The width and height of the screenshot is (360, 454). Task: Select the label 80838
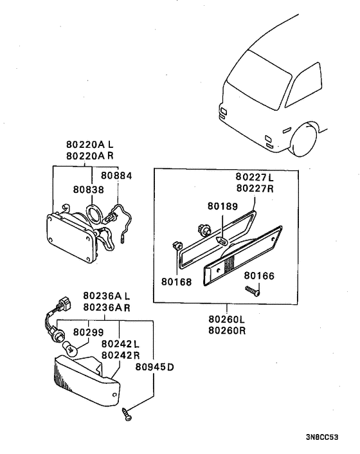tap(87, 190)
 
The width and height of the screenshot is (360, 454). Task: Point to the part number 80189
tap(222, 207)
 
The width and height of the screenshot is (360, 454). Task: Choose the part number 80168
tap(176, 282)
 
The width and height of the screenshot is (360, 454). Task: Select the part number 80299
tap(87, 332)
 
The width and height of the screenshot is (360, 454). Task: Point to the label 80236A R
tap(106, 307)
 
